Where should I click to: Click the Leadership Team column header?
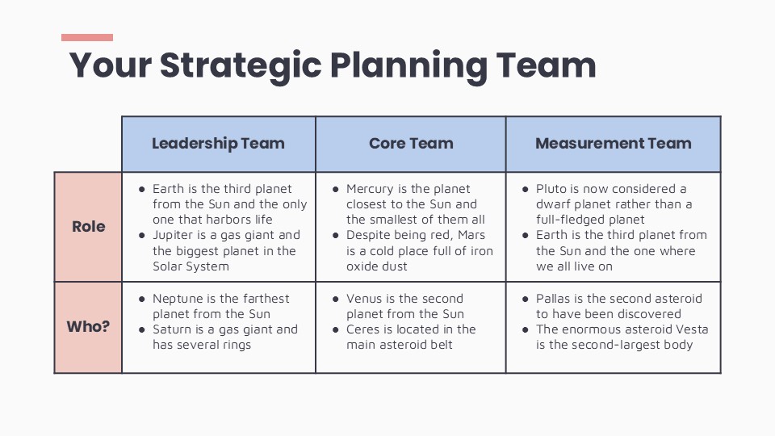tap(218, 144)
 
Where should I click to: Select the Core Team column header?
tap(411, 144)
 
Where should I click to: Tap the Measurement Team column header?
tap(613, 144)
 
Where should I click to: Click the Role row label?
tap(88, 226)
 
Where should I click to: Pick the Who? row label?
tap(88, 327)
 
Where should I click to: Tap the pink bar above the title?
tap(87, 37)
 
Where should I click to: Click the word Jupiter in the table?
tap(174, 235)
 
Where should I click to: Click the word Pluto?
tap(553, 189)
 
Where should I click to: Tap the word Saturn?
tap(174, 329)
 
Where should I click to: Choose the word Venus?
tap(364, 299)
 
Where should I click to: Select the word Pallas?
tap(554, 299)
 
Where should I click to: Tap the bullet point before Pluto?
tap(526, 189)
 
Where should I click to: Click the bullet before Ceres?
tap(336, 329)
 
